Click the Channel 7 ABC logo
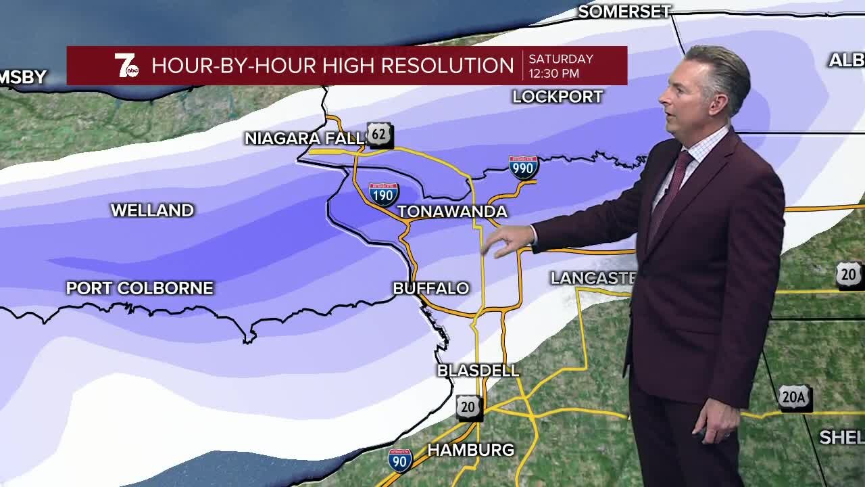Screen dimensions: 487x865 [x=126, y=66]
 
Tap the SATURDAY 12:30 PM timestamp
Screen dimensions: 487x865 [x=560, y=66]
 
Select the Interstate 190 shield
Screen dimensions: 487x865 [x=383, y=194]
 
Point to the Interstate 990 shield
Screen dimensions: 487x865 [x=523, y=167]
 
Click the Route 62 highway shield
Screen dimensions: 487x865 [x=379, y=134]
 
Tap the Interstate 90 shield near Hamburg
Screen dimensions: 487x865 [x=400, y=460]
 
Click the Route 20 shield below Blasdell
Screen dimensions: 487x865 [x=468, y=407]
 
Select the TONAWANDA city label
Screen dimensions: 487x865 [x=452, y=212]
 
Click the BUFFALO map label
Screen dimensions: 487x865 [x=430, y=288]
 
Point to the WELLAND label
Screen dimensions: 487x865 [x=152, y=210]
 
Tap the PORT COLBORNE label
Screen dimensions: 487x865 [x=139, y=288]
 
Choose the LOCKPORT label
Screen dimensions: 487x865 [x=558, y=97]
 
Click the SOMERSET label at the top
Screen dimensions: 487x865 [x=624, y=11]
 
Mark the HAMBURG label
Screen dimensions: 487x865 [x=471, y=450]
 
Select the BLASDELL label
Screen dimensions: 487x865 [x=478, y=371]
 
